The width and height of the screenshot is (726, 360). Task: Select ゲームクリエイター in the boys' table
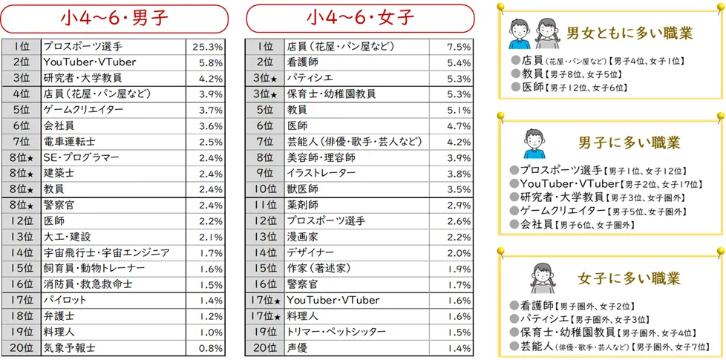[x=83, y=109]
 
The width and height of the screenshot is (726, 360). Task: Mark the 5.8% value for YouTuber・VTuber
[x=211, y=62]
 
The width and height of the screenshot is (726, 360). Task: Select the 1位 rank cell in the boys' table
[x=21, y=46]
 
